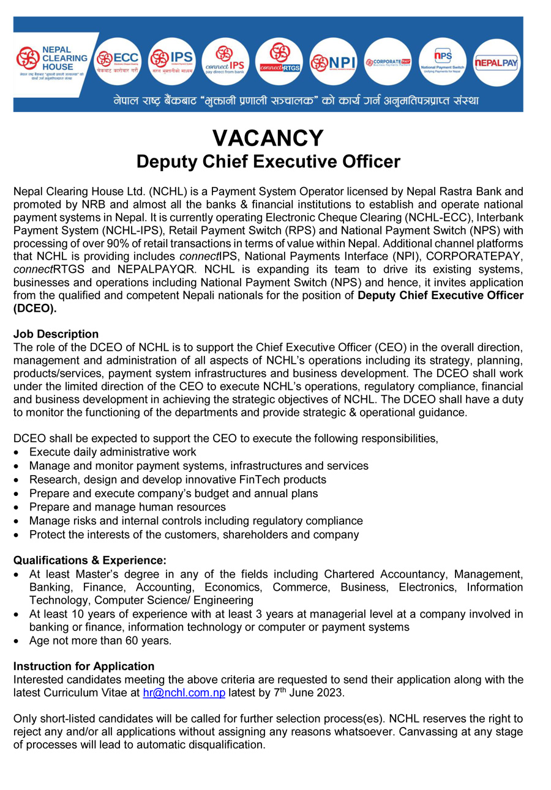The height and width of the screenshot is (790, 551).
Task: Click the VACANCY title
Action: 268,138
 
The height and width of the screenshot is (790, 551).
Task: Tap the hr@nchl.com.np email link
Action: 184,693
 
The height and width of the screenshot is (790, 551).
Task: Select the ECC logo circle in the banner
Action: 118,62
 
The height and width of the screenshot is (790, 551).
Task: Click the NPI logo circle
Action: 332,62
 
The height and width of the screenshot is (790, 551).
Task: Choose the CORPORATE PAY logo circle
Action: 387,62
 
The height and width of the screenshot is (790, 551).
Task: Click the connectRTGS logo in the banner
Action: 279,62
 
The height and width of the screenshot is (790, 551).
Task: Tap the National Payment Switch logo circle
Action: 443,62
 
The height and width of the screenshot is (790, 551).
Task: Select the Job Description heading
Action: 56,334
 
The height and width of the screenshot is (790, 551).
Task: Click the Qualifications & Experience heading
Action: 89,560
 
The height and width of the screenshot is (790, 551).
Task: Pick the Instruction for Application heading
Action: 84,666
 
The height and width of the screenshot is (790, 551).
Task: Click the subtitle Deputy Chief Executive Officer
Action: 268,162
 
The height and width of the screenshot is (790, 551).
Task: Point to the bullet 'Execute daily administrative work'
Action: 113,452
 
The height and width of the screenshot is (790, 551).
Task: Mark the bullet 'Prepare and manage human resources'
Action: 127,507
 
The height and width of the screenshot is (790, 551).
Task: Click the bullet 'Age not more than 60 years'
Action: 100,641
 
